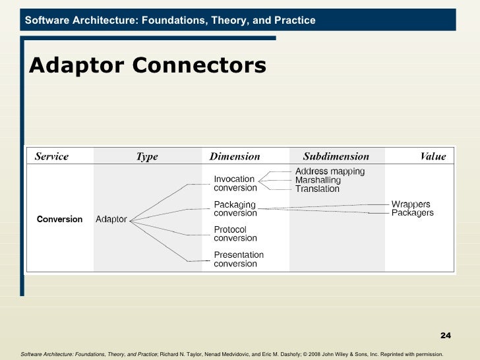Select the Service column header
point(51,157)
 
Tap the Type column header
point(147,157)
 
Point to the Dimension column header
point(235,157)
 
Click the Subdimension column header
point(336,157)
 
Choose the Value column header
point(433,157)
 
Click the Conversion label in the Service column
point(59,219)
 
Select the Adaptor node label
point(111,219)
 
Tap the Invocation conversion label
point(235,183)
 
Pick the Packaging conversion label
point(235,209)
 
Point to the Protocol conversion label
point(235,234)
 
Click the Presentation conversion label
point(238,259)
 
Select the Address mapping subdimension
point(329,171)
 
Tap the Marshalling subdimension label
point(318,180)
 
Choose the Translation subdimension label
point(317,189)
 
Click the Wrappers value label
point(411,204)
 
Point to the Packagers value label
point(413,213)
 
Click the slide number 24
point(446,337)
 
